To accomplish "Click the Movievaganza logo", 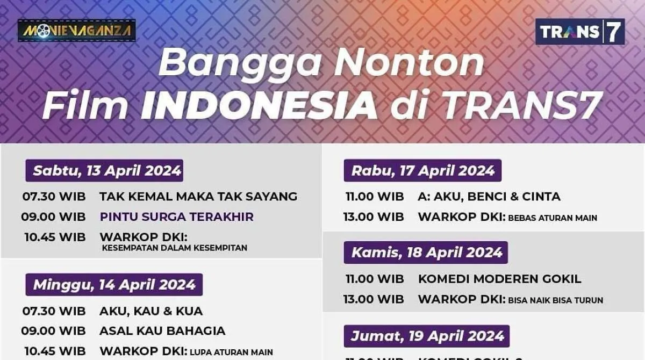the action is pos(76,31).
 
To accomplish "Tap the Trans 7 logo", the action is pos(580,32).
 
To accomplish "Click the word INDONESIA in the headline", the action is pos(259,105).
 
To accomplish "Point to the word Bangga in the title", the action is pos(240,62).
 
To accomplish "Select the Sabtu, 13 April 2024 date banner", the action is pos(104,171).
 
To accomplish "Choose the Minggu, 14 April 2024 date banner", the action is pos(114,285).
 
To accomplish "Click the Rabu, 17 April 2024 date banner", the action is pos(422,171).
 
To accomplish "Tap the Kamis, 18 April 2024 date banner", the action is pos(426,253).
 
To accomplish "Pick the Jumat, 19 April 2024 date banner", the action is pos(427,336).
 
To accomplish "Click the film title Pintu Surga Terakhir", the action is pos(176,217).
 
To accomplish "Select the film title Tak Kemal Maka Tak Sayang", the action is pos(198,197).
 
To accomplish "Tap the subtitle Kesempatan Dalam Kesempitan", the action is pos(175,248).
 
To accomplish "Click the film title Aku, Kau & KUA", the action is pos(151,311).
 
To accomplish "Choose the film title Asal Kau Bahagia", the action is pos(162,331).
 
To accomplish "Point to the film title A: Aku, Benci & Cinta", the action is pos(489,197).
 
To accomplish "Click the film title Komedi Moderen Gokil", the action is pos(499,279).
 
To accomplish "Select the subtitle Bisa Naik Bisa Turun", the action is pos(555,300).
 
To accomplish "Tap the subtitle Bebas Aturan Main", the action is pos(553,218).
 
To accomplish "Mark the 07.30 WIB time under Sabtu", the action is pos(54,197).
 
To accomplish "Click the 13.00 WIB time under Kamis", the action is pos(374,299).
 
